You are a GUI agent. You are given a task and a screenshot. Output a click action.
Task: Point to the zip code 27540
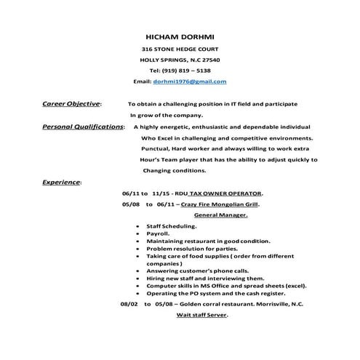[x=209, y=59]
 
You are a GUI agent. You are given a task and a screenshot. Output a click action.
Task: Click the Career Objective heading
[x=72, y=104]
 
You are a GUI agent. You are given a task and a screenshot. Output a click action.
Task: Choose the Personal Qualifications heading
[x=83, y=127]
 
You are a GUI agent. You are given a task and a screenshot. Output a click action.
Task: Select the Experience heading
[x=62, y=181]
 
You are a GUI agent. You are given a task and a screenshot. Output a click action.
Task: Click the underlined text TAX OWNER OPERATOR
[x=225, y=193]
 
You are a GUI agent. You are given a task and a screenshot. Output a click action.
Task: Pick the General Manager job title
[x=221, y=215]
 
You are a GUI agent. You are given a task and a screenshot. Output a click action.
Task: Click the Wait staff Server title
[x=202, y=315]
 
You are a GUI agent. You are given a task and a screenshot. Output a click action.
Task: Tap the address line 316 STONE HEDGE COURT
[x=180, y=48]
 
